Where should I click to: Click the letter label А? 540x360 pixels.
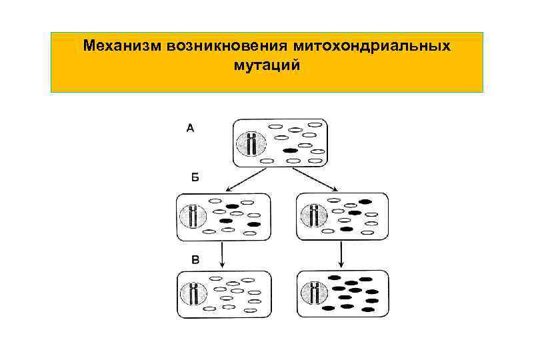(190, 128)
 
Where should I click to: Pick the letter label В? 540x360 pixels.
(195, 259)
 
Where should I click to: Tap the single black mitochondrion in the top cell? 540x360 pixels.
(290, 151)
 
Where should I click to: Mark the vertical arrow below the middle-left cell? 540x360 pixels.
(222, 254)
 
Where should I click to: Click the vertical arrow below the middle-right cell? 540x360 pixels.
(341, 254)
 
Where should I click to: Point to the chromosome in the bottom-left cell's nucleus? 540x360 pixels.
(195, 293)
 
